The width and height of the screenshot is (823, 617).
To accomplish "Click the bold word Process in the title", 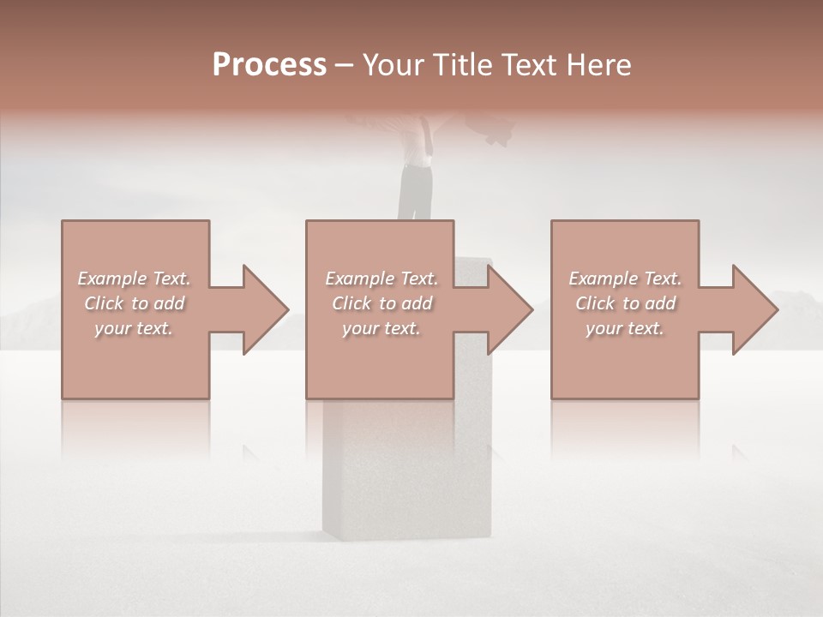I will pos(269,65).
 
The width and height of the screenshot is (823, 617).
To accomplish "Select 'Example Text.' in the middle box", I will pos(381,279).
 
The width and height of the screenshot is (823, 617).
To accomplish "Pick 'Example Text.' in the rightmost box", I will pos(625,279).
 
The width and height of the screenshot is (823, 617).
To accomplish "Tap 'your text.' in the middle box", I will pos(381,328).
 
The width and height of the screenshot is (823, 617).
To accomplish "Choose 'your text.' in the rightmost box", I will pos(625,328).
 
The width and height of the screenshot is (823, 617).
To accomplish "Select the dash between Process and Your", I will pos(345,66).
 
